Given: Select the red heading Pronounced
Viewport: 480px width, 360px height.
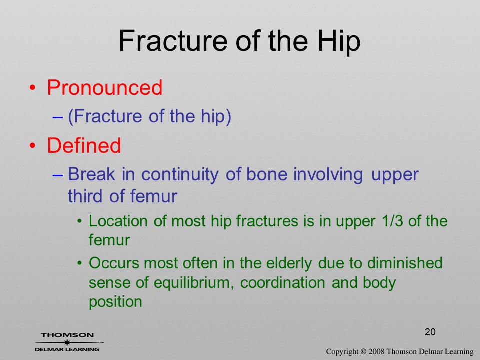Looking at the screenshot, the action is (104, 87).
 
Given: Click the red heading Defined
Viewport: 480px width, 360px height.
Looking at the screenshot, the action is (84, 145).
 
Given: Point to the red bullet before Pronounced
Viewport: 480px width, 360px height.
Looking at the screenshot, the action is (33, 88).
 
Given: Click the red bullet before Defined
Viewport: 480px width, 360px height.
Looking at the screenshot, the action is (33, 146).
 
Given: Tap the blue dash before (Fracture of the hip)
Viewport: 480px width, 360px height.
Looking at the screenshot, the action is (58, 117).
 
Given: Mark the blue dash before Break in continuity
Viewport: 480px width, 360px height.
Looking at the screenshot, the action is (58, 175).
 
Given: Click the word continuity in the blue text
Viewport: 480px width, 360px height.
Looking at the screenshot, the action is (180, 175).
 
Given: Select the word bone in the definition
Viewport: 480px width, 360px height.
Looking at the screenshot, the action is (267, 174).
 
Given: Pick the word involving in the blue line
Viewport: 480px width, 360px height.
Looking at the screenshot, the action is (328, 175).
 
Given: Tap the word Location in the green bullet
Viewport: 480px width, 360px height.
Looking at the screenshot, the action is (118, 221).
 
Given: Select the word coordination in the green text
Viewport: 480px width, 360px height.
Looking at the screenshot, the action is (283, 282).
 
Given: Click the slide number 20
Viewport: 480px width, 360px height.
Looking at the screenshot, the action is (430, 332).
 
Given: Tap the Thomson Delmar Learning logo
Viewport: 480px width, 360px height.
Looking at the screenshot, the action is (67, 342).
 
